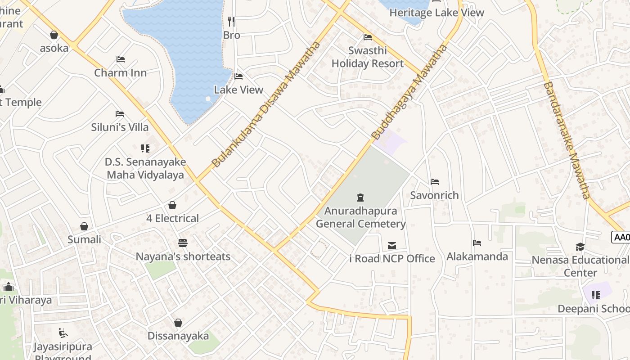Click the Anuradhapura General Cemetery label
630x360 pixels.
(360, 217)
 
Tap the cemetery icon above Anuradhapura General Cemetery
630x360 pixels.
(360, 197)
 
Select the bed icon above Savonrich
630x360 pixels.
(434, 182)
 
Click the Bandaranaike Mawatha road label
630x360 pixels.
(567, 140)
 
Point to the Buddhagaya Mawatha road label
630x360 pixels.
(409, 92)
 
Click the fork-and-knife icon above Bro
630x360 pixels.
(231, 22)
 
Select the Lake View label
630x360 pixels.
(238, 90)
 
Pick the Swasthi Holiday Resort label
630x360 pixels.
(368, 57)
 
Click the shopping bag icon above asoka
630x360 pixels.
(54, 35)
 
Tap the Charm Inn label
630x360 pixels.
(120, 72)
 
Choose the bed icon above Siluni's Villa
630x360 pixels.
(119, 114)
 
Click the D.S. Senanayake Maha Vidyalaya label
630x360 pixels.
(145, 168)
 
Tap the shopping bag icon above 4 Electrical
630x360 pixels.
(172, 206)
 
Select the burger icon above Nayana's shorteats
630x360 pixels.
(182, 243)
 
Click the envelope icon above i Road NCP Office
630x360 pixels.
(392, 246)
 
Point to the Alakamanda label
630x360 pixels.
(477, 256)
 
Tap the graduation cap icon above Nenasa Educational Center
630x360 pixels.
(580, 247)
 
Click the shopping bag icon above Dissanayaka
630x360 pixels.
(178, 323)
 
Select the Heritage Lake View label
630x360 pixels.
(436, 13)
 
